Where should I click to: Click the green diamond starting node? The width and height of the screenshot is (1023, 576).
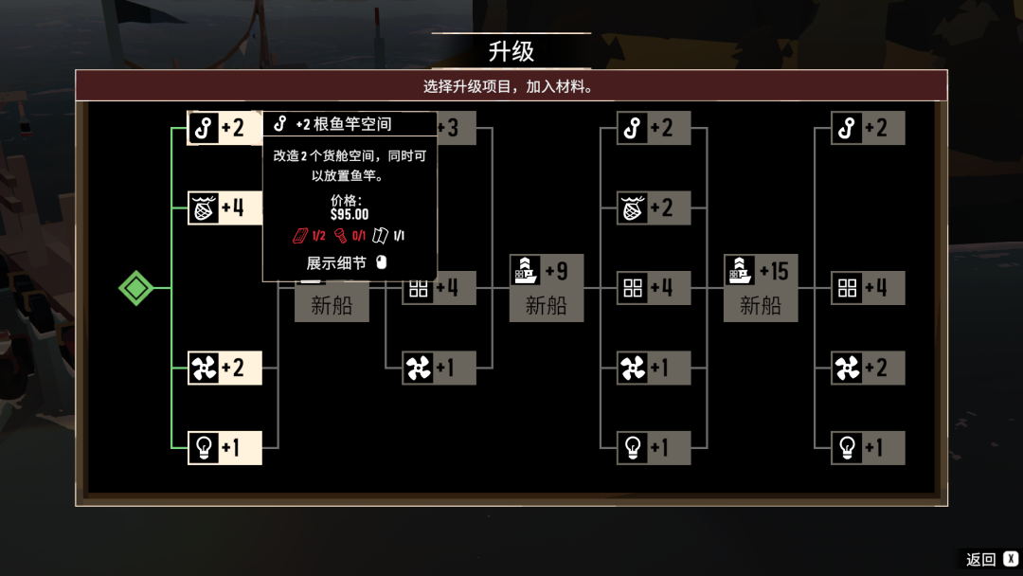(135, 288)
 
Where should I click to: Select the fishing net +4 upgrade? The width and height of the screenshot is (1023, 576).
(224, 208)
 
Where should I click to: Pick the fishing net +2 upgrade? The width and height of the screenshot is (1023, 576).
(653, 208)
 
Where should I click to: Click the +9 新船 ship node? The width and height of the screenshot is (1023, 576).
(547, 288)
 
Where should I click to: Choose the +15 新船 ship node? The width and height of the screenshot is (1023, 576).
(760, 288)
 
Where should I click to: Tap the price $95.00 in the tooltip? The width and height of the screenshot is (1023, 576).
(350, 214)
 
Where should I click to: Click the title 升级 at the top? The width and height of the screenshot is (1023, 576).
(511, 51)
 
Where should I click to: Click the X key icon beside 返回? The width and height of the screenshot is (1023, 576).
(1011, 558)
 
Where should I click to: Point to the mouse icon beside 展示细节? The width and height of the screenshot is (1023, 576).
(382, 262)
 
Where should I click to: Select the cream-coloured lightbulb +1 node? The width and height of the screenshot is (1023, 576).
(224, 447)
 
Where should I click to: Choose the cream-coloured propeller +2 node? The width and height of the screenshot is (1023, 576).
(224, 368)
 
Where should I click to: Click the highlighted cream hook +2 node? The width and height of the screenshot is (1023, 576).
(224, 127)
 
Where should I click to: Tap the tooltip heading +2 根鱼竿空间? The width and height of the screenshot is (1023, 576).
(343, 124)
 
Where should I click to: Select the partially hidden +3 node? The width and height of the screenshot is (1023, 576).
(456, 127)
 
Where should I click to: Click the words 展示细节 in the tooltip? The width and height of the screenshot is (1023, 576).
(336, 262)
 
